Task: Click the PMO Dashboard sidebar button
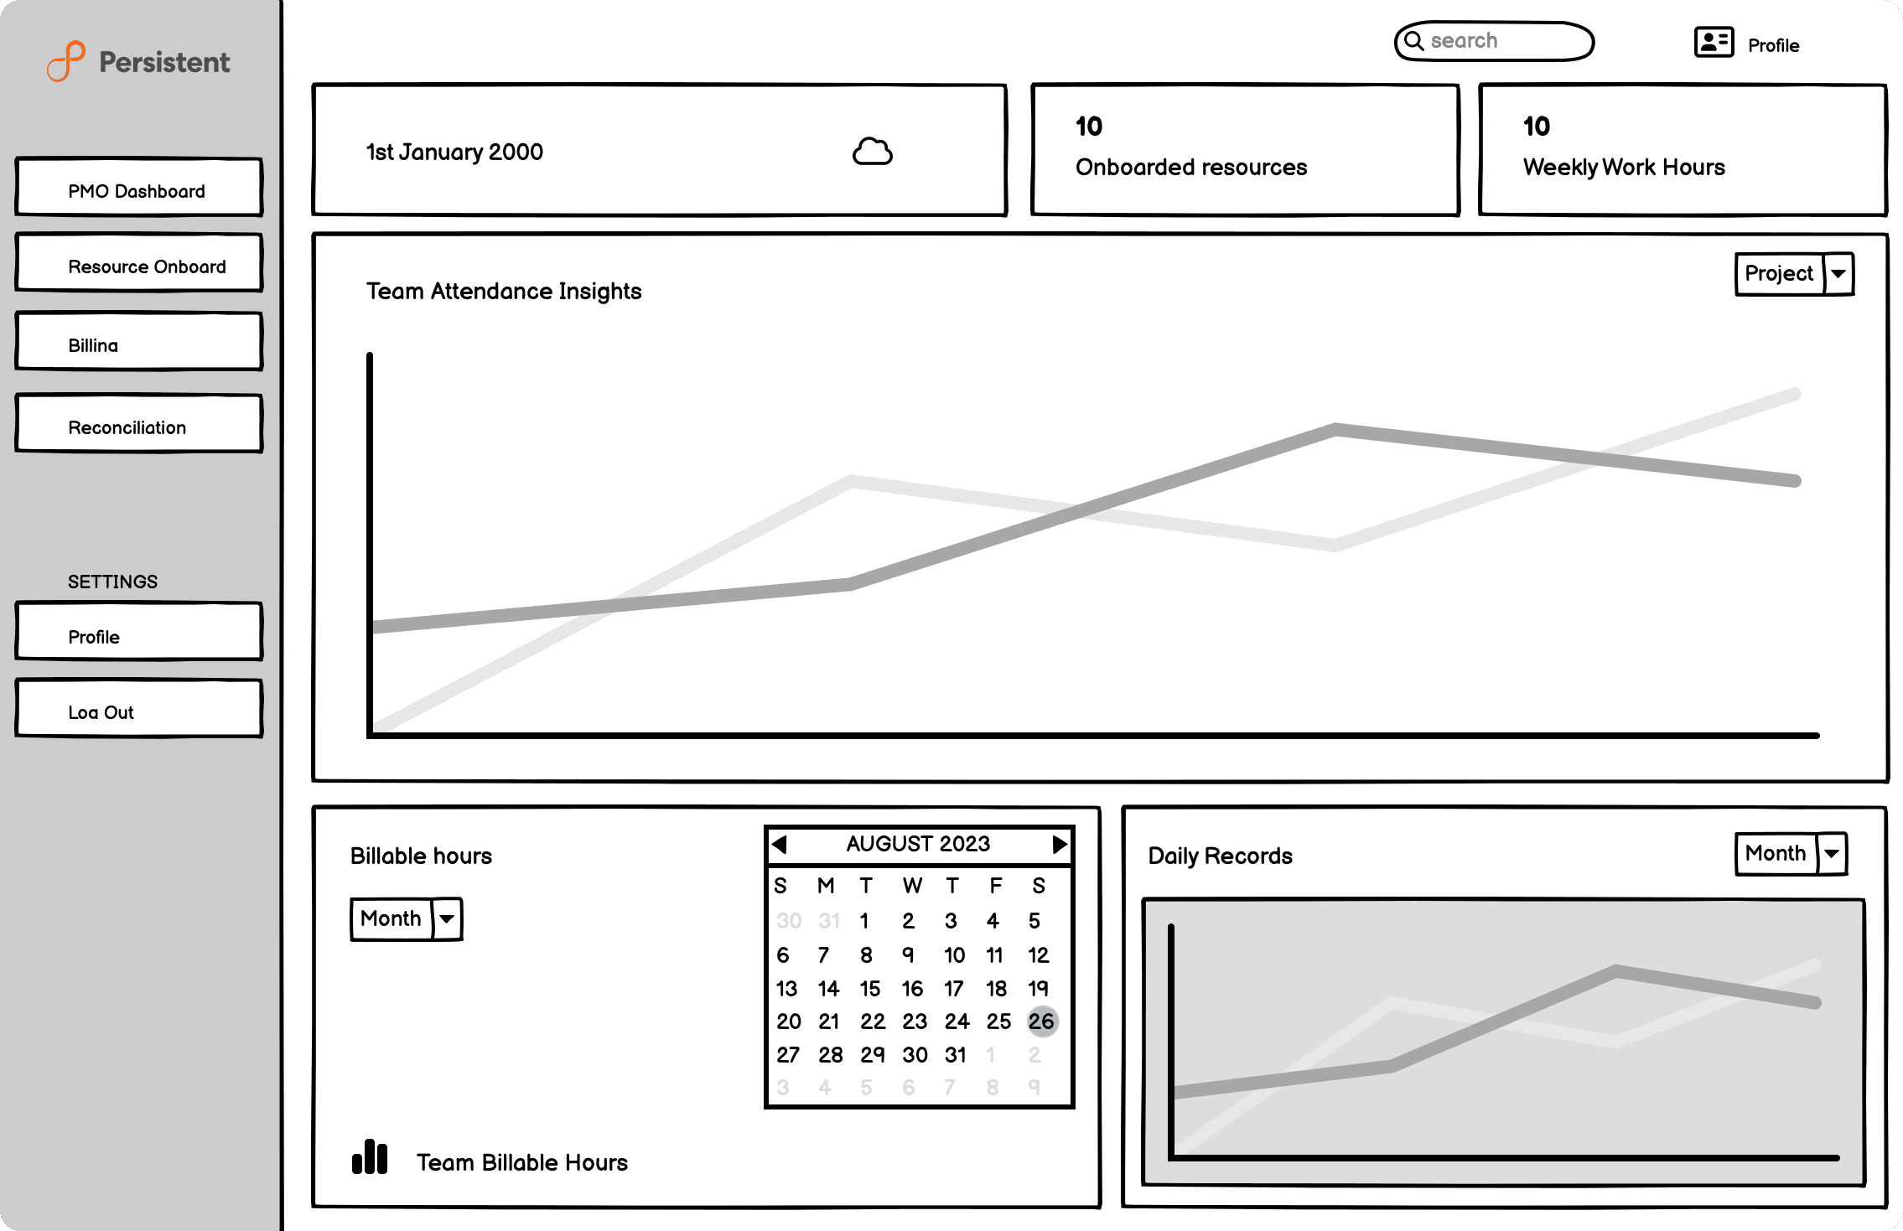(138, 188)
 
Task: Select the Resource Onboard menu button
(138, 263)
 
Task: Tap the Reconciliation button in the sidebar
(138, 424)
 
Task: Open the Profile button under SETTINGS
(138, 632)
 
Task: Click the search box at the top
(1494, 41)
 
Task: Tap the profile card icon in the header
(1714, 42)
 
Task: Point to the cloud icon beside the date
(873, 152)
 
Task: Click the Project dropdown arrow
(1838, 274)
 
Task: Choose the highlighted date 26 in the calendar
(1042, 1022)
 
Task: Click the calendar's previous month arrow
(779, 844)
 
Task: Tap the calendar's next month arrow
(1060, 844)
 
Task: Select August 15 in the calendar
(870, 989)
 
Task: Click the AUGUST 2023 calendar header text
(918, 844)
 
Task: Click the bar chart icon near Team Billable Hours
(370, 1157)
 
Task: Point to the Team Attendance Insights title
(504, 291)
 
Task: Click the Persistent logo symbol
(66, 61)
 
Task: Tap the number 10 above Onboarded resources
(1089, 127)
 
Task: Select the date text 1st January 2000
(454, 153)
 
